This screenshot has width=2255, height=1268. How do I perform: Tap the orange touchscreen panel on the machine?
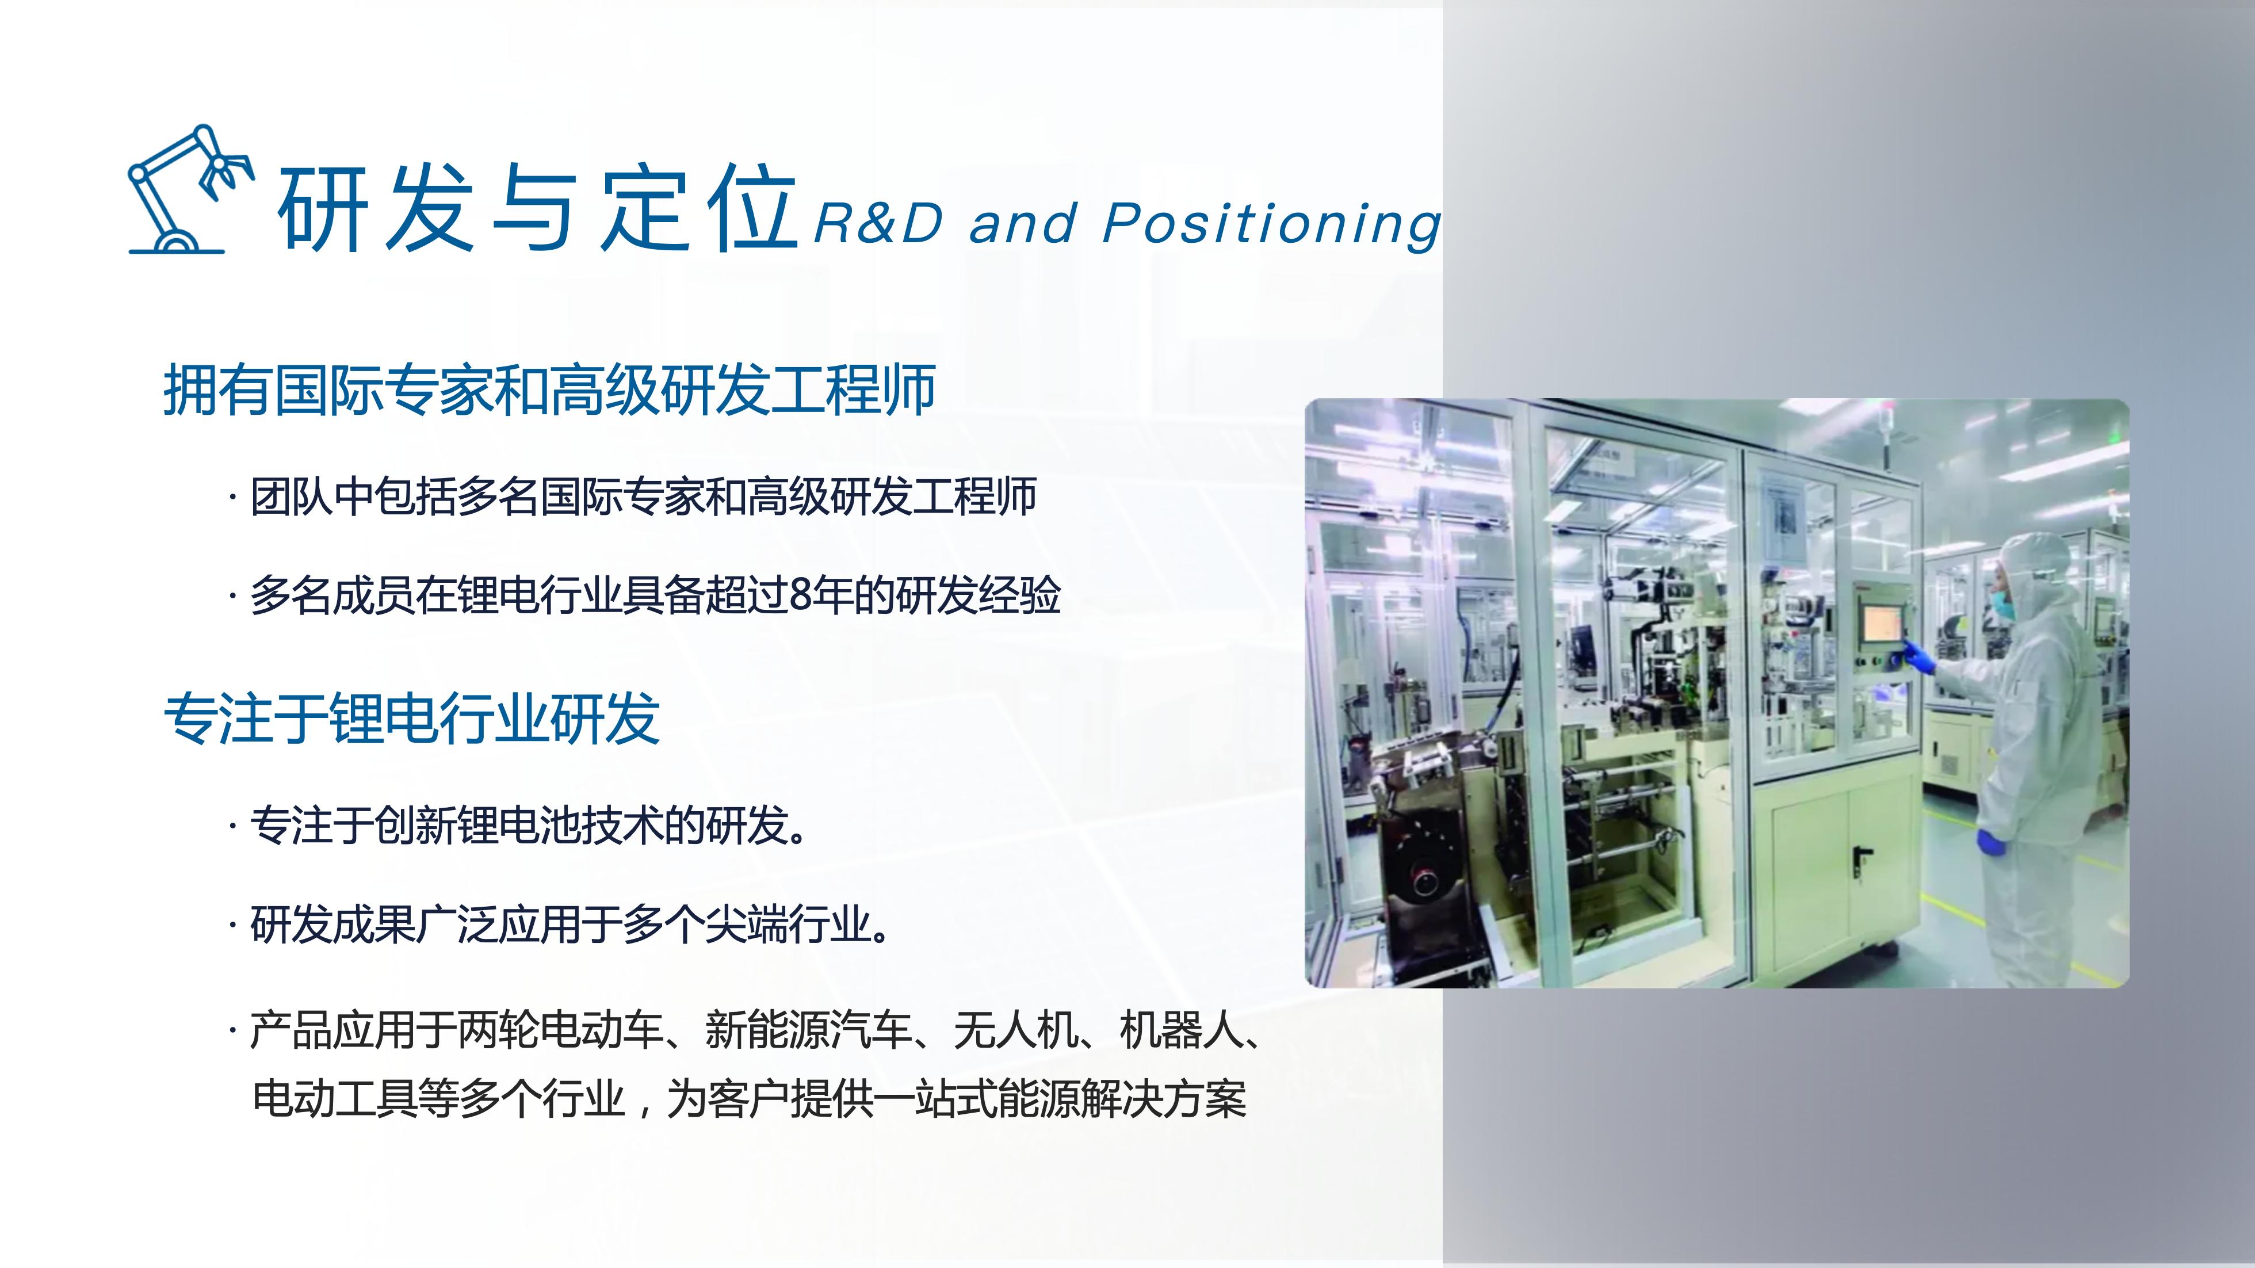[1881, 622]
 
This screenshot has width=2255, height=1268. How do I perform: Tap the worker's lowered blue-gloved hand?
[1990, 842]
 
